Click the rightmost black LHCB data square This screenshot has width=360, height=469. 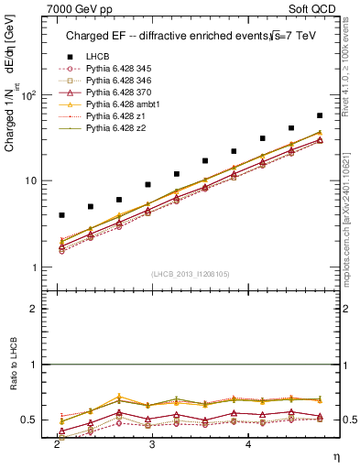[319, 115]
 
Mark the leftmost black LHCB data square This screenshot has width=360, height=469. [61, 215]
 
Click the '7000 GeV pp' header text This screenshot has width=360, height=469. [78, 7]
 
